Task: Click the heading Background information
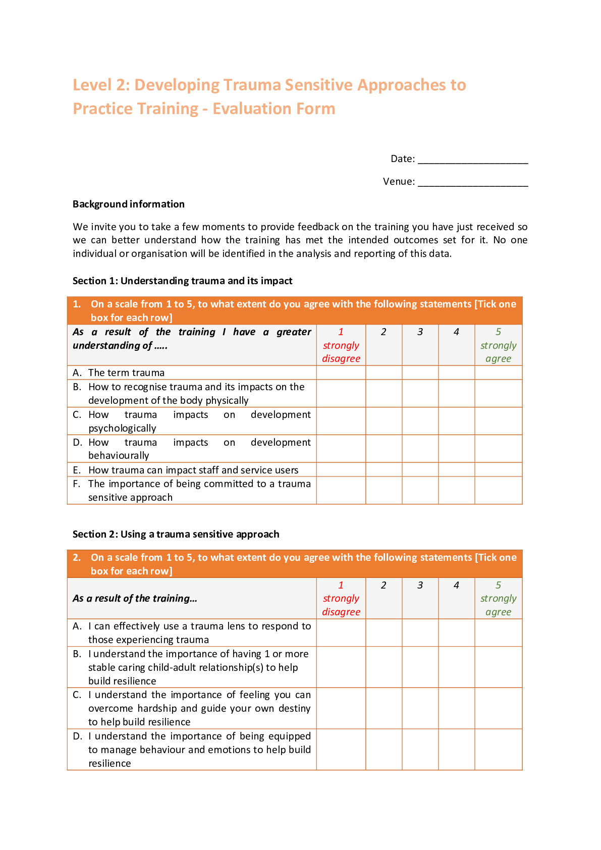(129, 204)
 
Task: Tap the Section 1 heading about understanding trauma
(182, 281)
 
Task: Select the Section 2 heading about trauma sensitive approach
(176, 534)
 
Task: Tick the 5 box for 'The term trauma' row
(498, 373)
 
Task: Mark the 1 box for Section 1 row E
(341, 469)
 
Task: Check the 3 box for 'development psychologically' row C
(420, 421)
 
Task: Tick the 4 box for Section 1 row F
(456, 490)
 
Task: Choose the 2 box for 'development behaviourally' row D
(384, 448)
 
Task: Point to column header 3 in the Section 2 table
(420, 586)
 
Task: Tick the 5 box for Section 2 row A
(498, 632)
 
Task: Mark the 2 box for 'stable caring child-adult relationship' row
(384, 667)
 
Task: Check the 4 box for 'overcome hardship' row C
(456, 708)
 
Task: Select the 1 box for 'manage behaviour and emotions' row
(341, 749)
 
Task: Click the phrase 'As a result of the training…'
(135, 598)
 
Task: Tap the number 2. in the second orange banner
(77, 558)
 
